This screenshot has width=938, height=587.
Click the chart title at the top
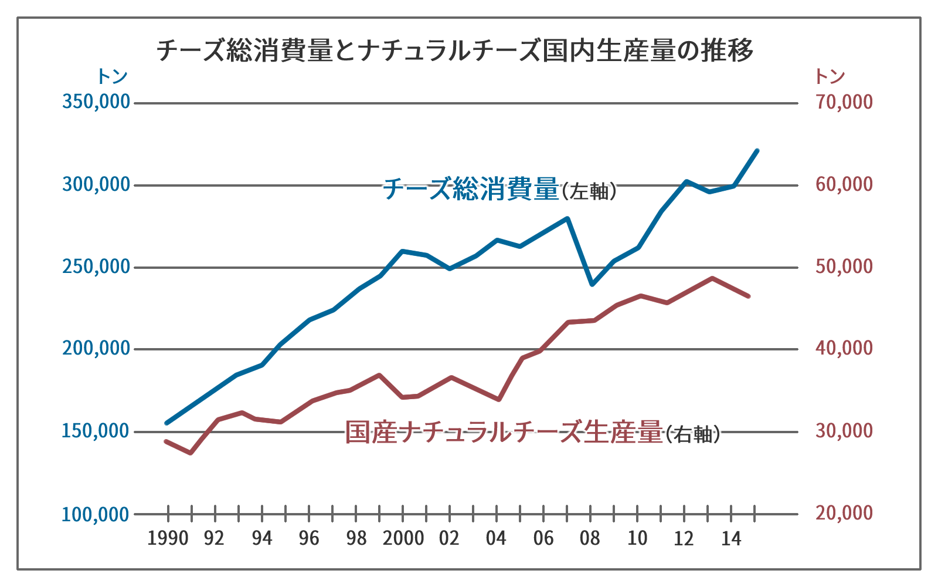point(454,50)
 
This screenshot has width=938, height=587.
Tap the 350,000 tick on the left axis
point(96,102)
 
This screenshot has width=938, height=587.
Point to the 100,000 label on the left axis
point(96,515)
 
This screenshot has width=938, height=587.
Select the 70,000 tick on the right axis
point(844,102)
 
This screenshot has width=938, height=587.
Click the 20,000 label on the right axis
point(844,513)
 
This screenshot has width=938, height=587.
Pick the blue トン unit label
point(111,76)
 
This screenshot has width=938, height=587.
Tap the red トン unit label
point(830,76)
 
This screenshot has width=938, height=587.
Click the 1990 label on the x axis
point(168,538)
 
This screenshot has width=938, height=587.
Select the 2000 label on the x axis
point(403,538)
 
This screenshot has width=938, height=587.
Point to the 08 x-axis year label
point(590,538)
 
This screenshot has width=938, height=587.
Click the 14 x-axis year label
point(731,538)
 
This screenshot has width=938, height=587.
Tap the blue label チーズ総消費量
point(471,190)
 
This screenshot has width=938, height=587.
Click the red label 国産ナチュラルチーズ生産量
point(503,433)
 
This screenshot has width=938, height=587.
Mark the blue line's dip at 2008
point(592,284)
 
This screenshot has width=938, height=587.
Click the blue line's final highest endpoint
point(757,151)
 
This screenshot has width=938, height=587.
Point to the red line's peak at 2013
point(711,278)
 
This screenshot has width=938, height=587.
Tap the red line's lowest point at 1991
point(191,453)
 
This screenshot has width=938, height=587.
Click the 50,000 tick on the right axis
point(844,266)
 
